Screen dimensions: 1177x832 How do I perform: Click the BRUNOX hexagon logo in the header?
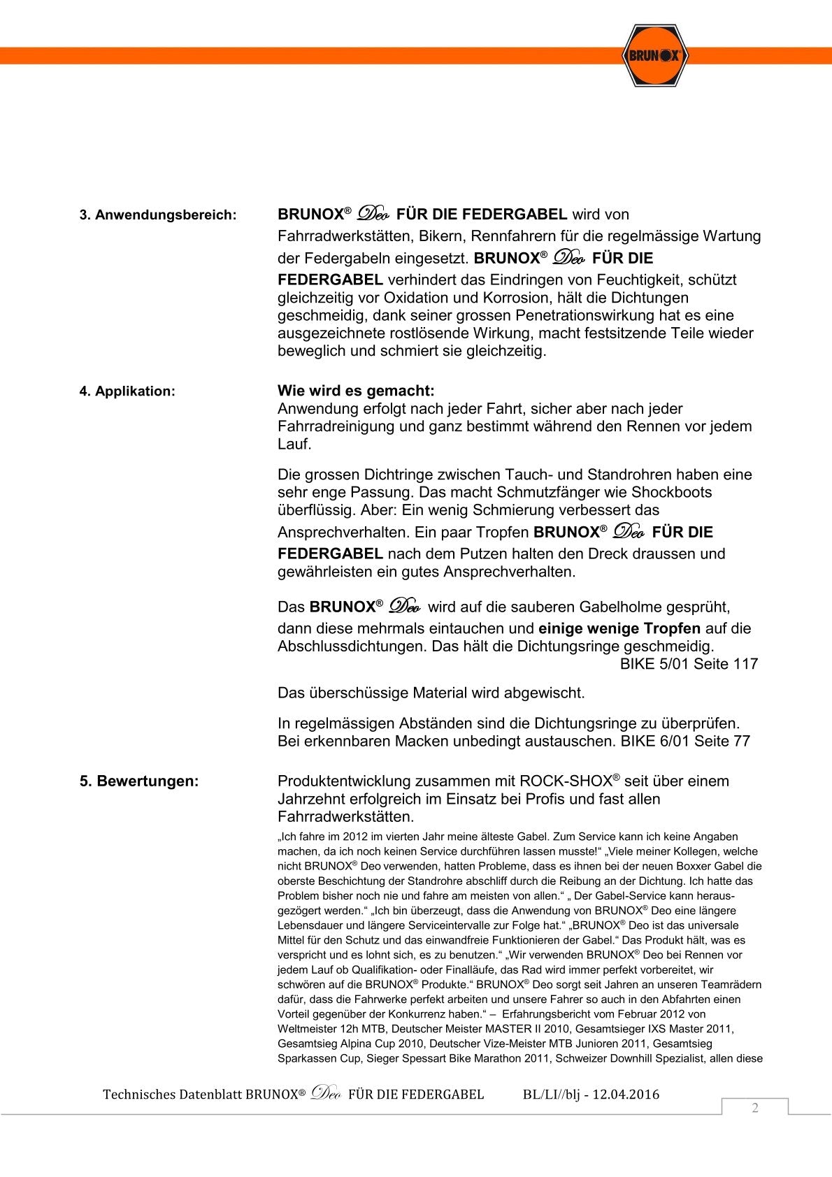(654, 55)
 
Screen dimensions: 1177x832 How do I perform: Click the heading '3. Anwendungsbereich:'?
(158, 215)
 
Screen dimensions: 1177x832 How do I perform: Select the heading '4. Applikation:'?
(127, 391)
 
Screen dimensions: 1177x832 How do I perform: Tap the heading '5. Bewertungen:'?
(139, 781)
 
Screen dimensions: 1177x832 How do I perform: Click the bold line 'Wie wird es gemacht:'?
(356, 391)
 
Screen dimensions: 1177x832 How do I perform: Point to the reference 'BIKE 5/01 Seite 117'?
(689, 664)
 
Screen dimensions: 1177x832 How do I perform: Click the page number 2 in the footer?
(755, 1108)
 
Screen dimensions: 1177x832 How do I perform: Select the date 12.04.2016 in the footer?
(626, 1095)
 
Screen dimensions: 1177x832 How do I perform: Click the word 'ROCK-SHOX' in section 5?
(566, 781)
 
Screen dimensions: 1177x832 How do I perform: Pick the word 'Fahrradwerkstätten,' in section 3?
(345, 236)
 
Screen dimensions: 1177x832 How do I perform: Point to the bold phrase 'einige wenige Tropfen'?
(619, 628)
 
